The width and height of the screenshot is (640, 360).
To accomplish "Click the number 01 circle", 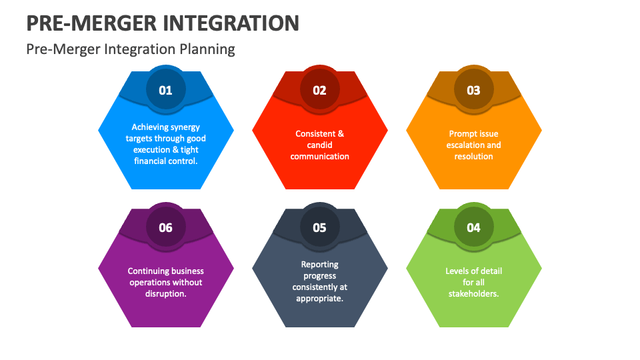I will [165, 89].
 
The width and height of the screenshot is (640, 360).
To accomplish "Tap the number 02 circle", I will [319, 89].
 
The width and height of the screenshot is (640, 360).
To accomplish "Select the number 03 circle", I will [473, 89].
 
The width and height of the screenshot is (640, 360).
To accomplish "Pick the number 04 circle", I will [473, 227].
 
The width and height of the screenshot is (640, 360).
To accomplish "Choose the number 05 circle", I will [319, 227].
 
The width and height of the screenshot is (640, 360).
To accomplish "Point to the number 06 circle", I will [165, 227].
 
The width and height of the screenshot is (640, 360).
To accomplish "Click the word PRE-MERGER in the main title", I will [89, 23].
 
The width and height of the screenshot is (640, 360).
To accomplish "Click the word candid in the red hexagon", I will [319, 145].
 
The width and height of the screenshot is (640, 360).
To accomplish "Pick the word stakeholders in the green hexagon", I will [473, 294].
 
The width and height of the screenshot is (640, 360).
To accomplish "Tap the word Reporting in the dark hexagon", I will [319, 265].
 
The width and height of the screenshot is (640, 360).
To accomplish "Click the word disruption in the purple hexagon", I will [165, 294].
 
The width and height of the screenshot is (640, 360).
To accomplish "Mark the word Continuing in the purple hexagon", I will [148, 271].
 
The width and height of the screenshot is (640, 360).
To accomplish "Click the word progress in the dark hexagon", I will [319, 276].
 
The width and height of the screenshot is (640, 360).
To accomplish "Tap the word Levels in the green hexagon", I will [457, 271].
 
